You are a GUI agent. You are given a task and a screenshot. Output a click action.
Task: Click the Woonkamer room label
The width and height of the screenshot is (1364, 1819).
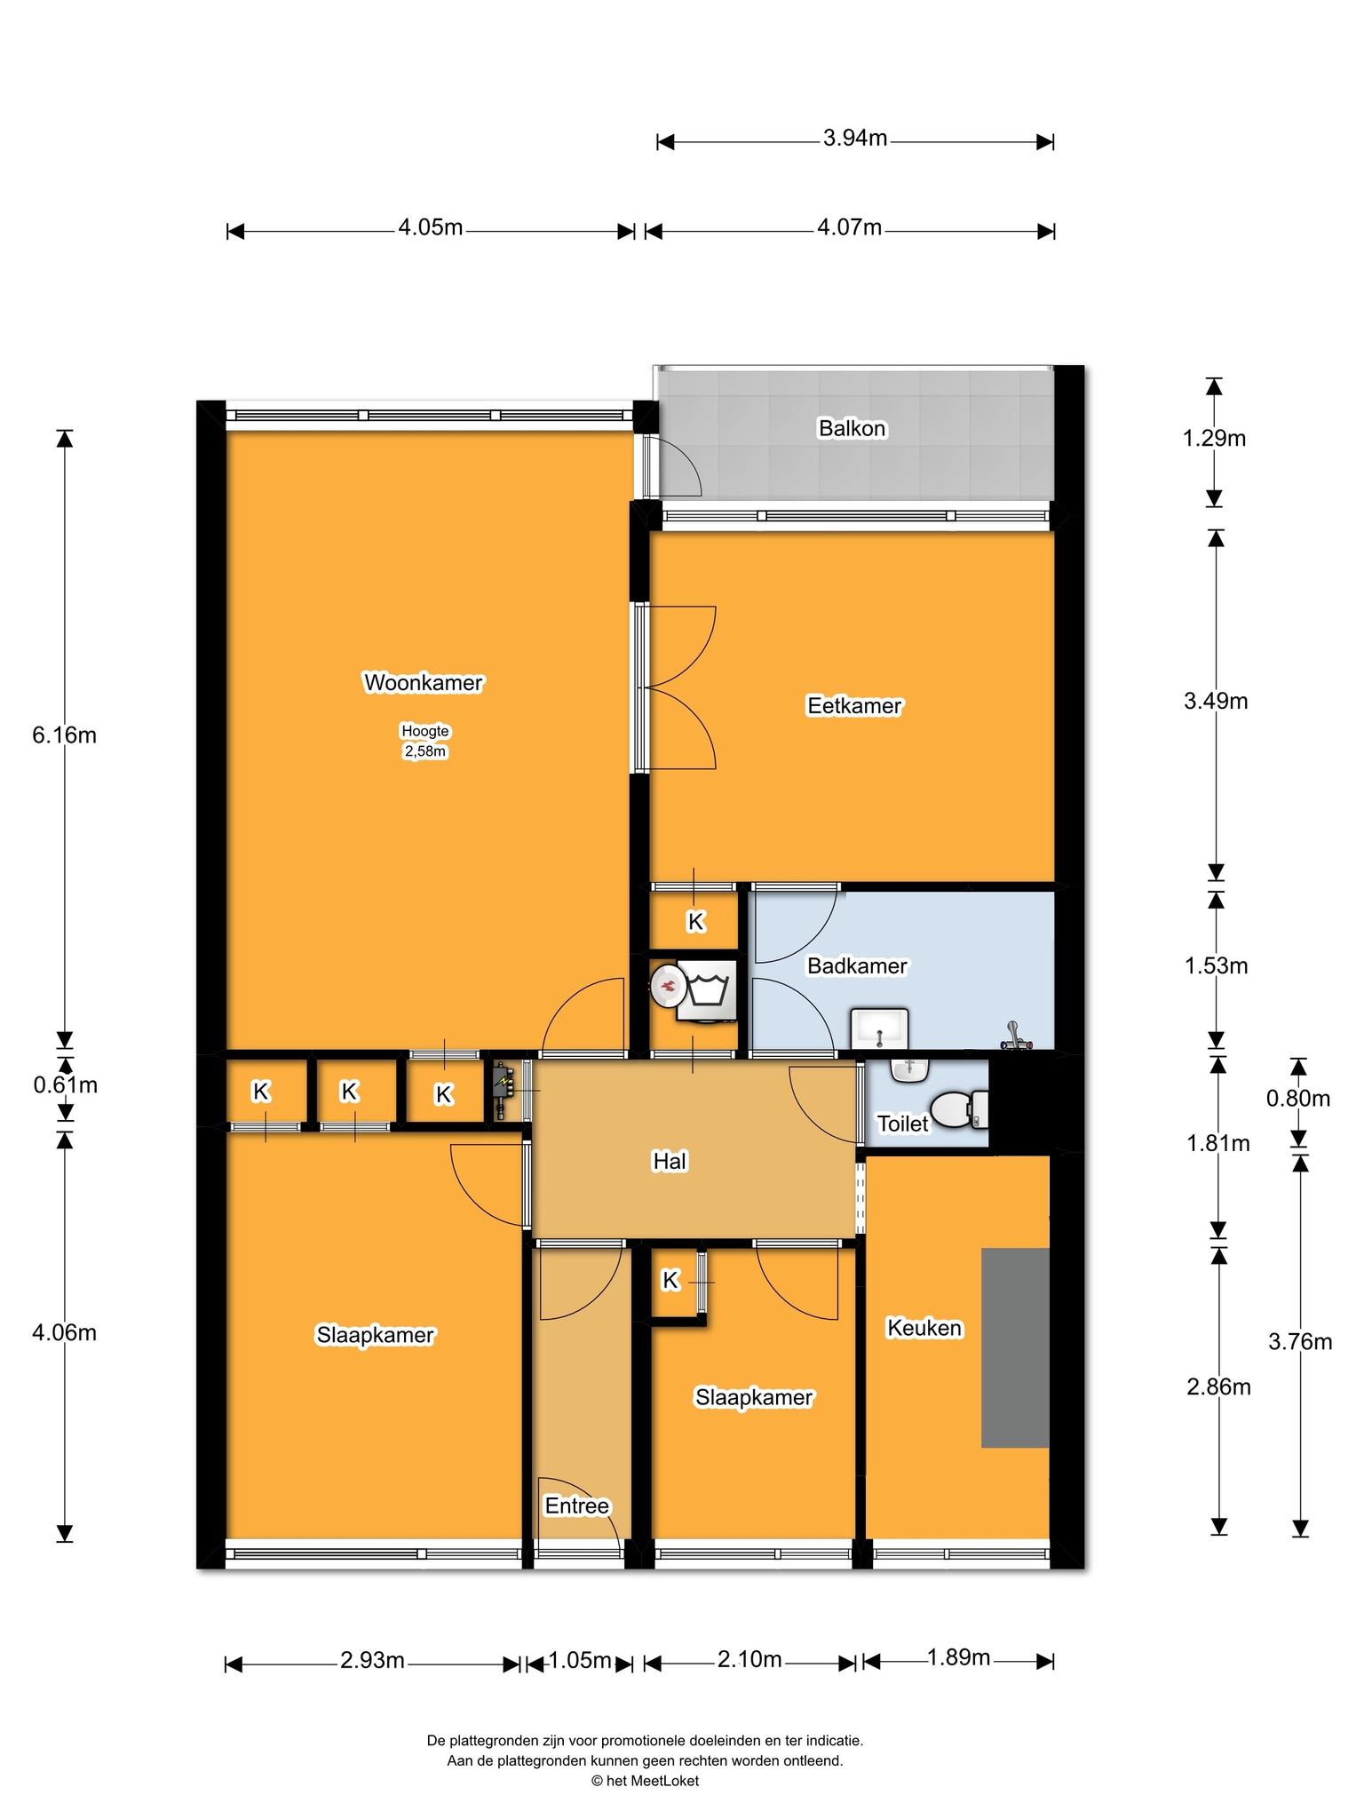click(424, 683)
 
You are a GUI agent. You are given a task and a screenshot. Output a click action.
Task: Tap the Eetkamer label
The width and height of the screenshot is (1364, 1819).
click(854, 706)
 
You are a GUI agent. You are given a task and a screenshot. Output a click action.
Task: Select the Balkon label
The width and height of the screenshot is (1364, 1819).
click(852, 429)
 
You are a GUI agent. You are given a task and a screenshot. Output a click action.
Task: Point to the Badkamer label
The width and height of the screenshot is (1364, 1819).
click(857, 966)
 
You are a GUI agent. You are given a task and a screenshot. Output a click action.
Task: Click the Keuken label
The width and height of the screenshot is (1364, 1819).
click(924, 1328)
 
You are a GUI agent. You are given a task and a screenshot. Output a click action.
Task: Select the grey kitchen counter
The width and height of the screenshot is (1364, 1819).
click(1015, 1347)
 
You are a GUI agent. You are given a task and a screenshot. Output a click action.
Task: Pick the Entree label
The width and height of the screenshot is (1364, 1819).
click(577, 1506)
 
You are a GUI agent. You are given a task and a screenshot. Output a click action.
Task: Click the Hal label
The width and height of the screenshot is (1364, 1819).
click(670, 1162)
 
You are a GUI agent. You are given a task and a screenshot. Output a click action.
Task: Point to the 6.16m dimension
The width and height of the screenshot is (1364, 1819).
click(64, 735)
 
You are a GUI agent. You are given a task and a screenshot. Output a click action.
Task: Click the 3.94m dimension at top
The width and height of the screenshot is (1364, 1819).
click(855, 139)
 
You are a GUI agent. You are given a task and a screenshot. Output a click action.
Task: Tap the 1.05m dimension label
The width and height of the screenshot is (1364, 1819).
click(580, 1660)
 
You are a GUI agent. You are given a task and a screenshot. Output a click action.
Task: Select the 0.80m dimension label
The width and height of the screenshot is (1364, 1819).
click(1298, 1100)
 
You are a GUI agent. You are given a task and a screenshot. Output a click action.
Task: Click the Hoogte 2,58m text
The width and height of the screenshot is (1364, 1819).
click(425, 742)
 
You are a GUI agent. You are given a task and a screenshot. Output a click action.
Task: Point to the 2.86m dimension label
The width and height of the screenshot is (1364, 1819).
click(1218, 1386)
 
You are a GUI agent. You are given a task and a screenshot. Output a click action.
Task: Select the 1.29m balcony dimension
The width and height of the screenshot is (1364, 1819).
click(1214, 439)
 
